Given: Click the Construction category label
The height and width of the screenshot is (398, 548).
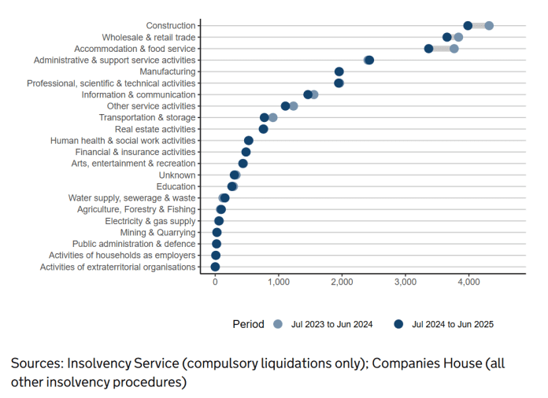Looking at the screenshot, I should (171, 26).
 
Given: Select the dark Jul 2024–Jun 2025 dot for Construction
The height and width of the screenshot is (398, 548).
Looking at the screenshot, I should (468, 26).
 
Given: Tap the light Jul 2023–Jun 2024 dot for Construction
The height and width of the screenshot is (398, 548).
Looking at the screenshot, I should (489, 26).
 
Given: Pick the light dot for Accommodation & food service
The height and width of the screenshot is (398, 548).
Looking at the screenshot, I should (454, 49).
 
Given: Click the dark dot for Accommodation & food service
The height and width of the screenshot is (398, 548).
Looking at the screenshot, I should (429, 49).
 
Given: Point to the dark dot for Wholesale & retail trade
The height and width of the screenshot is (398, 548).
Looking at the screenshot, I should (447, 37).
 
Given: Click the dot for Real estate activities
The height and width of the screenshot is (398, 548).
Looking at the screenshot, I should (263, 129).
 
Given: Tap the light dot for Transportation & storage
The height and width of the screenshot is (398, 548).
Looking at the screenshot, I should (273, 117).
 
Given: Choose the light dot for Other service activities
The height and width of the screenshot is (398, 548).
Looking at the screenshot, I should (294, 106).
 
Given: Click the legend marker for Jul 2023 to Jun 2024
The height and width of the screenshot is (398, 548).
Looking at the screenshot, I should (277, 324).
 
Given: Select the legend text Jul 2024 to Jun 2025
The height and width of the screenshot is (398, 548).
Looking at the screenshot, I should (453, 324).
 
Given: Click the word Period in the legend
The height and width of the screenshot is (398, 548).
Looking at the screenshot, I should (248, 324).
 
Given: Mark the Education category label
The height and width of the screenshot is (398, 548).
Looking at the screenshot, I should (176, 186).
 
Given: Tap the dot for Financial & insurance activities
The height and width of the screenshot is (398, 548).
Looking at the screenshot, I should (246, 152).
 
